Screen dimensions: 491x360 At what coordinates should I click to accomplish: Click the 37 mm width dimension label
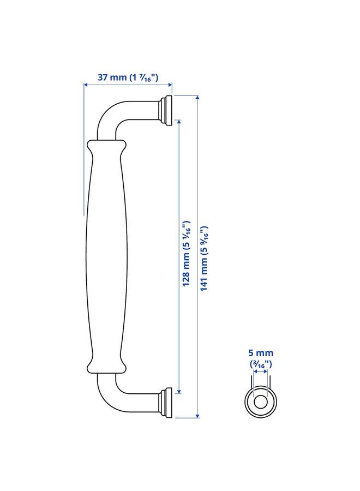[x=128, y=77]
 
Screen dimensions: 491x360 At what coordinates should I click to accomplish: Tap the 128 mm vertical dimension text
[x=185, y=254]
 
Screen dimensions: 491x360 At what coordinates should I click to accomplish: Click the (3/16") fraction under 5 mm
[x=261, y=363]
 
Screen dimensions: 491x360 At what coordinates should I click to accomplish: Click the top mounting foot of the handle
[x=166, y=109]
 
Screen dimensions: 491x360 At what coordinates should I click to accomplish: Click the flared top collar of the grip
[x=105, y=146]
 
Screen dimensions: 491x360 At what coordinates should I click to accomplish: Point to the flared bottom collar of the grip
[x=105, y=367]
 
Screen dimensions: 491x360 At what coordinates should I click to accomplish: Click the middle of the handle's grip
[x=105, y=256]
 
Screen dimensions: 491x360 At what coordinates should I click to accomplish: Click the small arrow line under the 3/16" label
[x=261, y=373]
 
